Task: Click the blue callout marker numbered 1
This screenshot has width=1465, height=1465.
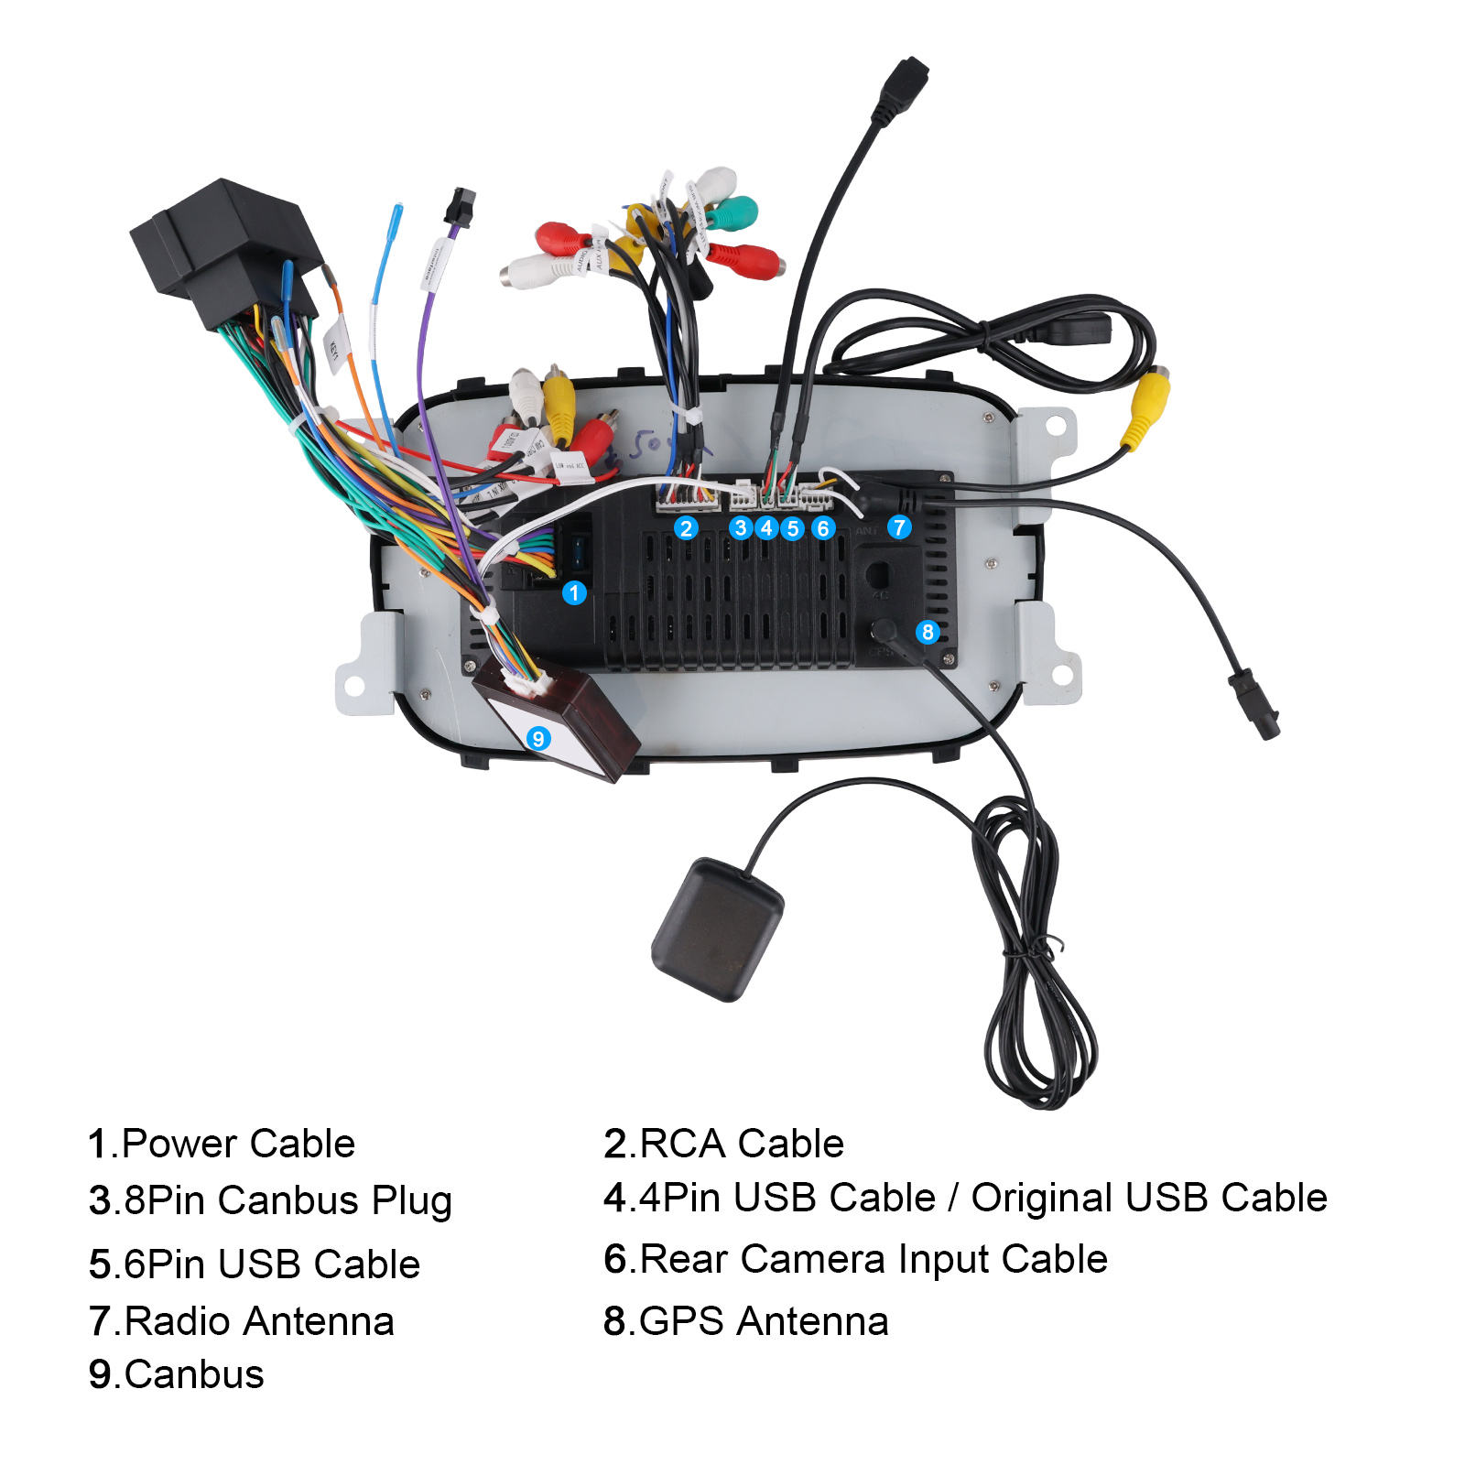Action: point(574,593)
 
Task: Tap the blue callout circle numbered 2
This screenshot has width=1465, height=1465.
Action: point(686,528)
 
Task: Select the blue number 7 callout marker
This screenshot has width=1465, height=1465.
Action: point(899,527)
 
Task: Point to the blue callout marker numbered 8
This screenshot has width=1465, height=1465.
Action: point(928,632)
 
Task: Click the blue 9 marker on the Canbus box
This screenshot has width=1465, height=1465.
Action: point(538,738)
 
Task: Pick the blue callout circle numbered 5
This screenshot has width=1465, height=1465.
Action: point(793,528)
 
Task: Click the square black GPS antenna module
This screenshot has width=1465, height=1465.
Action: point(717,928)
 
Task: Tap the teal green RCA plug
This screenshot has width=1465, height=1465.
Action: point(733,213)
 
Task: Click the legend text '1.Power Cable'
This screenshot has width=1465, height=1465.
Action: point(222,1144)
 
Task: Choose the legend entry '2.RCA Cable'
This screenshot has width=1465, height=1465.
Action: point(723,1144)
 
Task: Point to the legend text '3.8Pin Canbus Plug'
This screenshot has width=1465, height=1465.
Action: point(270,1200)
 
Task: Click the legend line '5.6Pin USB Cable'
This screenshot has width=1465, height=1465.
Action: point(255,1264)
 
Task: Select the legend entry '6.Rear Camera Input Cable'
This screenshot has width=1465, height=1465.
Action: point(855,1259)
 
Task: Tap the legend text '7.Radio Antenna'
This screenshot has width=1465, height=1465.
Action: point(242,1321)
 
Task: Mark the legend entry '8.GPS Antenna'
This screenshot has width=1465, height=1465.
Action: point(745,1321)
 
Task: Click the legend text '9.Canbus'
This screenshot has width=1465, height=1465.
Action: point(177,1374)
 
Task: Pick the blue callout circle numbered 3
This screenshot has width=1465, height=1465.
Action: point(741,528)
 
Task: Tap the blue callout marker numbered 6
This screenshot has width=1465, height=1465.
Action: point(823,528)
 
